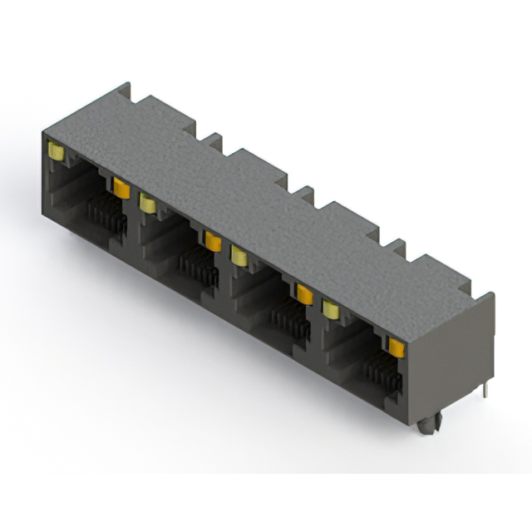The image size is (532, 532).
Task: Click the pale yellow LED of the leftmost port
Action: coord(57,151)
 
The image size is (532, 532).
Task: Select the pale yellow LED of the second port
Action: coord(148,202)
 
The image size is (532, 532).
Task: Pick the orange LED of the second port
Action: coord(213,241)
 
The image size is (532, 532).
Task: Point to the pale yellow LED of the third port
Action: coord(239,254)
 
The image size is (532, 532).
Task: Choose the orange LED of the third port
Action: coord(304,293)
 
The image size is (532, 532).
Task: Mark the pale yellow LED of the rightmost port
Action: coord(331,308)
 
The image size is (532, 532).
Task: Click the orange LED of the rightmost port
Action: coord(395,347)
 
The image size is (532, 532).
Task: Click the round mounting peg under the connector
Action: coord(426,426)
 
